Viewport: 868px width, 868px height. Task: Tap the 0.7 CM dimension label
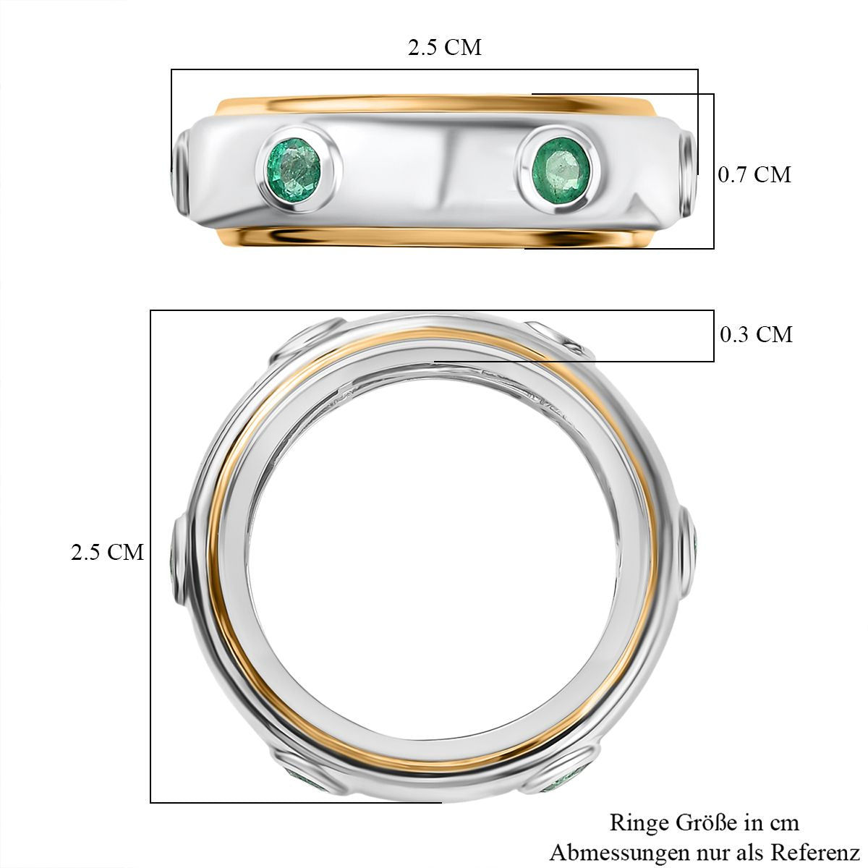coord(754,175)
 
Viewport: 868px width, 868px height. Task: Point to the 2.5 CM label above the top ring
coord(445,47)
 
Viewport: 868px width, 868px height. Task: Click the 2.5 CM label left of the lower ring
coord(107,552)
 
